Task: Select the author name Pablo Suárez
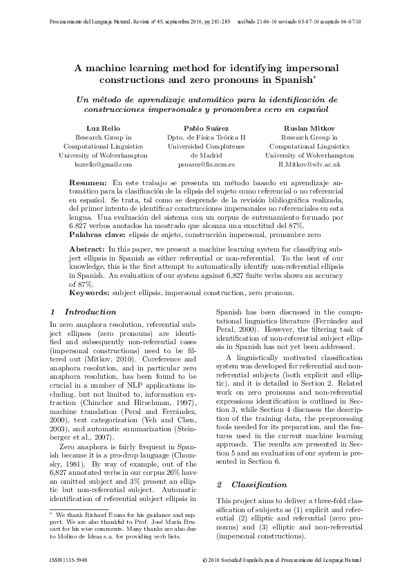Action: click(206, 129)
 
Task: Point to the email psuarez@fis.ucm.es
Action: click(206, 165)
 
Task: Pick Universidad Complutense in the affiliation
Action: click(206, 147)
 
